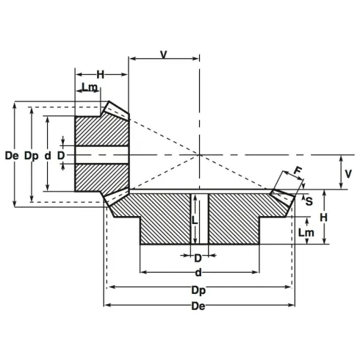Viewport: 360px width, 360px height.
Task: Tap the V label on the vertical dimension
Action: [349, 173]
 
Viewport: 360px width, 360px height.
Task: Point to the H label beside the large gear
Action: [323, 217]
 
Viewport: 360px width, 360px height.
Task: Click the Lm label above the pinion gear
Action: [90, 88]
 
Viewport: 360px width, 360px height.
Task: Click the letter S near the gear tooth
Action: [309, 199]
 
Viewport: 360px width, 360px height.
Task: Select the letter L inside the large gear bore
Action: [193, 219]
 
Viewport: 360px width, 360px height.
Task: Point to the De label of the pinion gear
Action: [10, 156]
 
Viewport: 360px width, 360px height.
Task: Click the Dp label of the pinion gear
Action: [30, 156]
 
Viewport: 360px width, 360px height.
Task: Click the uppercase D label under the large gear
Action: [198, 258]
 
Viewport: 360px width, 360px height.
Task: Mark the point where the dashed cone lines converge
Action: [199, 155]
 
